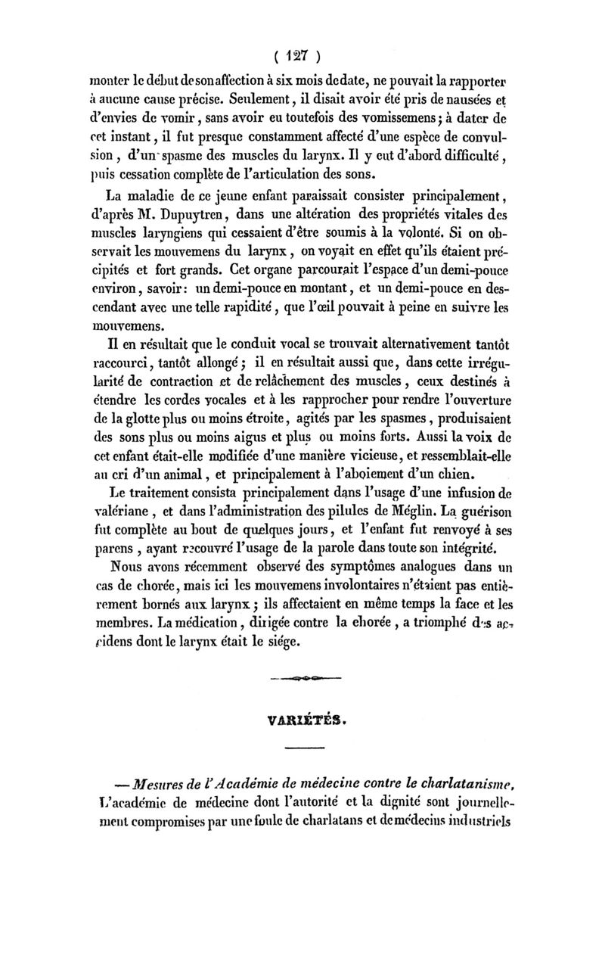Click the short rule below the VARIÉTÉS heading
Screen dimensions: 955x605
point(305,750)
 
